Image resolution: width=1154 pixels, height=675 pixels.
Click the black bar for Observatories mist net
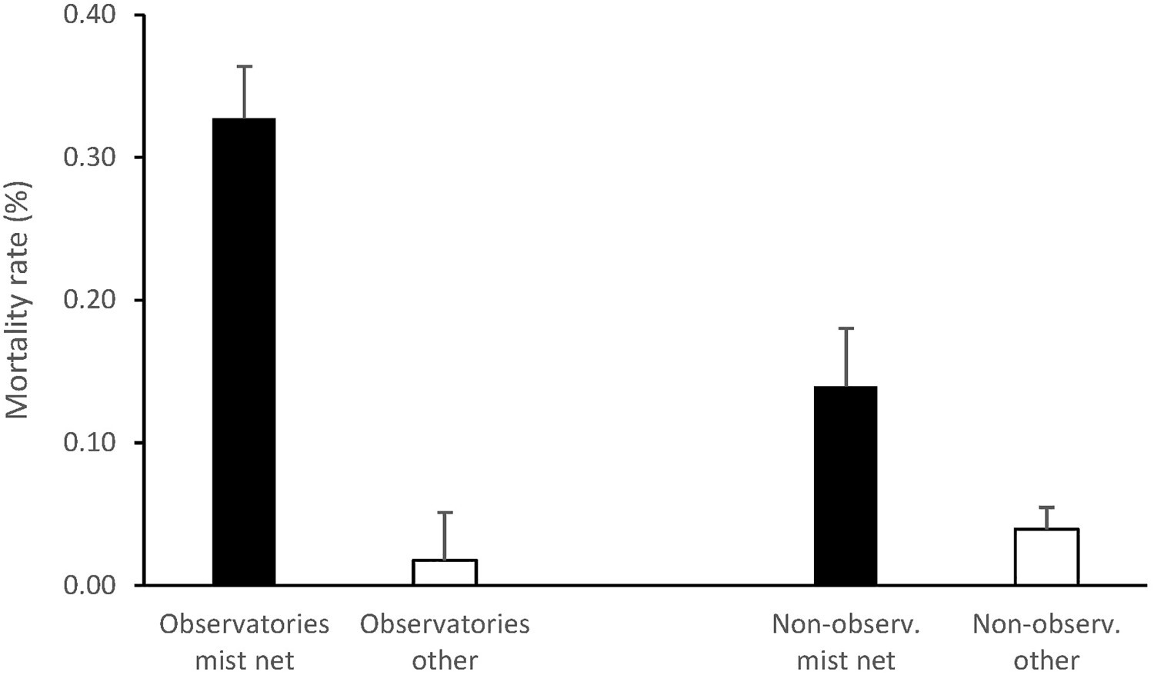click(x=244, y=351)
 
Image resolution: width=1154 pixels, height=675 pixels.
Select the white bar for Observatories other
click(x=445, y=572)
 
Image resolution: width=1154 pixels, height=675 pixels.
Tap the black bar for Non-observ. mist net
click(x=845, y=485)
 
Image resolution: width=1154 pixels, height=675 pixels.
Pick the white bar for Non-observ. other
click(x=1046, y=557)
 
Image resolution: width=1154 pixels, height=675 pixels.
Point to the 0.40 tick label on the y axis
click(x=89, y=15)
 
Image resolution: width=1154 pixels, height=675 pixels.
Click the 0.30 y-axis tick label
click(x=89, y=158)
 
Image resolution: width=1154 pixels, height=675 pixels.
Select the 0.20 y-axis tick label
click(x=89, y=300)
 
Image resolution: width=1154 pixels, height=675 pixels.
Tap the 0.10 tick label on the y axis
click(x=89, y=443)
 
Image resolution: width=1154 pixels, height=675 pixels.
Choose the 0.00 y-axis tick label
click(x=89, y=585)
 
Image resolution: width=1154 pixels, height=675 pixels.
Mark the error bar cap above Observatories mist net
click(x=244, y=67)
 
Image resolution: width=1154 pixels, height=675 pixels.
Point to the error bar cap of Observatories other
click(x=445, y=512)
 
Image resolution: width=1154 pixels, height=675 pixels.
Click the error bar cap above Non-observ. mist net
click(x=845, y=328)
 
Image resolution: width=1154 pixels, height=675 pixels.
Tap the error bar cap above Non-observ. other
click(x=1046, y=507)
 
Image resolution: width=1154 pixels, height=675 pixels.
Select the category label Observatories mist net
click(x=244, y=641)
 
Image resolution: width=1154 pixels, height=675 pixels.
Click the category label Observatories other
click(x=445, y=641)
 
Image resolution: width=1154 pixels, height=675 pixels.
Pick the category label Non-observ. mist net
click(x=845, y=641)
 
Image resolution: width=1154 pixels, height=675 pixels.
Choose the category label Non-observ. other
click(x=1046, y=641)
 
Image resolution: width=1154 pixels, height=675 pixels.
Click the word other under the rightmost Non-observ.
click(x=1046, y=660)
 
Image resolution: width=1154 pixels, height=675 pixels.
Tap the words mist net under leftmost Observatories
click(x=244, y=660)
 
